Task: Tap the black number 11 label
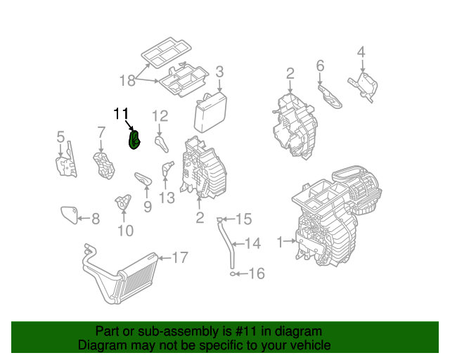click(x=121, y=113)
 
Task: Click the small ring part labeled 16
click(x=231, y=273)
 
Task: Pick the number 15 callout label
click(x=242, y=219)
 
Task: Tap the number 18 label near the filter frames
click(x=127, y=80)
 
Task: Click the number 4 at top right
click(x=361, y=52)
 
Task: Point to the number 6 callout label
click(x=320, y=66)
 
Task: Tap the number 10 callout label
click(x=124, y=230)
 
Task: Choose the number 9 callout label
click(x=147, y=206)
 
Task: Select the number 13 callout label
click(x=167, y=198)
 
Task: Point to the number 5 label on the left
click(x=60, y=136)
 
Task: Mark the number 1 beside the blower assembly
click(x=280, y=242)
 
